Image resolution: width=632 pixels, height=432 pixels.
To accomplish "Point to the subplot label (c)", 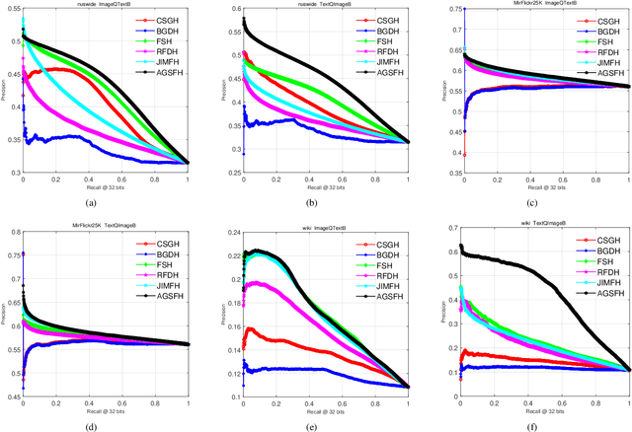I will tap(544, 203).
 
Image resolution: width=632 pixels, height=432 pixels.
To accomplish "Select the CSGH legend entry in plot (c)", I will tap(603, 19).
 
